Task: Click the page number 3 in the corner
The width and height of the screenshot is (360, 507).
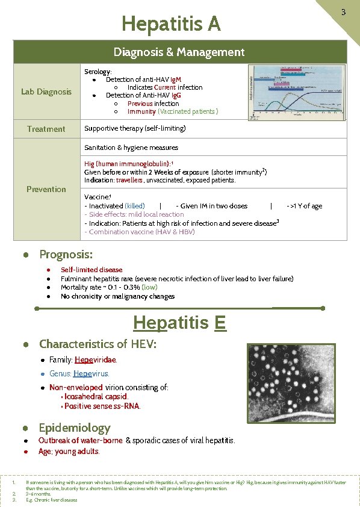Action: point(343,12)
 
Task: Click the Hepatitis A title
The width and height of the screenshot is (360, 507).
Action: point(171,24)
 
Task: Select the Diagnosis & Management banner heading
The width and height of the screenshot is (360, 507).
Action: point(179,52)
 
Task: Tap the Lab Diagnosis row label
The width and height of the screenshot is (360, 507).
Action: point(46,92)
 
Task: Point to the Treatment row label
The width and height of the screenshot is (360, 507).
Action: point(46,129)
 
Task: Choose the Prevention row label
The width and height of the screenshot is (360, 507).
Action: point(46,189)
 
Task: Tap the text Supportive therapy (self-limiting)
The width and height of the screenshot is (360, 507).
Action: point(135,128)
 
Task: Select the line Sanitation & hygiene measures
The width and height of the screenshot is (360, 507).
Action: point(131,148)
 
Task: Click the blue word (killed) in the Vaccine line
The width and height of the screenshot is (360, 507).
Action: point(134,206)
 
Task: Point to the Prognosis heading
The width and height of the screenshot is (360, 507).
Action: point(66,255)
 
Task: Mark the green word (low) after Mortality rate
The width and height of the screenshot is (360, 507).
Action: point(149,287)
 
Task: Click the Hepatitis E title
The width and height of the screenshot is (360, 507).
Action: point(179,323)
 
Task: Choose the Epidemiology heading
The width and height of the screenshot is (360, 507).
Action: point(75,428)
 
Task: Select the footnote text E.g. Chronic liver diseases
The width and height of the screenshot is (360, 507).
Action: point(52,500)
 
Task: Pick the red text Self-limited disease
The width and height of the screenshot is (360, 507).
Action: point(92,270)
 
